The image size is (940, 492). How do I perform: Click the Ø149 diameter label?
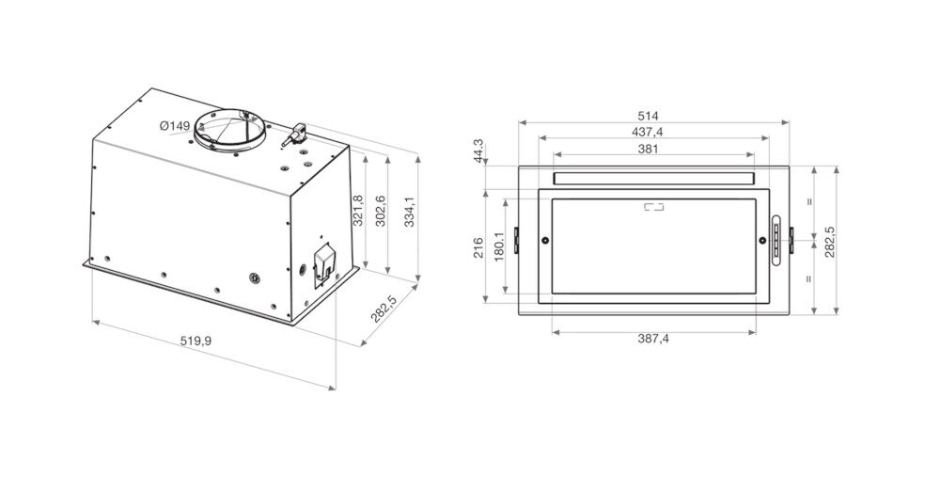pos(175,126)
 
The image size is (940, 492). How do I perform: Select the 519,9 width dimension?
pos(196,340)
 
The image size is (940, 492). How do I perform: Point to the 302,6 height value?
pos(380,212)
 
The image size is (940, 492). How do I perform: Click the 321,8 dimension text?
pos(357,213)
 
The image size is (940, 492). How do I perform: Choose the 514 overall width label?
pos(653,116)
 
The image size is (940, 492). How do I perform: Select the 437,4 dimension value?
pos(653,132)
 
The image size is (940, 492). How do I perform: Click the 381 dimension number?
pos(649,148)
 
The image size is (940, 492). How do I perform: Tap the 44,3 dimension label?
pos(478,151)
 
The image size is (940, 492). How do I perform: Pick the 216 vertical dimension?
pos(478,247)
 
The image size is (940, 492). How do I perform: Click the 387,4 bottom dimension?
pos(651,339)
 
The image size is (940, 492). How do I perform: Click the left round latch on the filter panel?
pos(545,243)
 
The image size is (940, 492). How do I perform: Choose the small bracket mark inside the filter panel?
pos(653,208)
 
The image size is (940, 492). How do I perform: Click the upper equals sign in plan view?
pos(808,200)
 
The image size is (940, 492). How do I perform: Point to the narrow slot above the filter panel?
pos(653,178)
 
